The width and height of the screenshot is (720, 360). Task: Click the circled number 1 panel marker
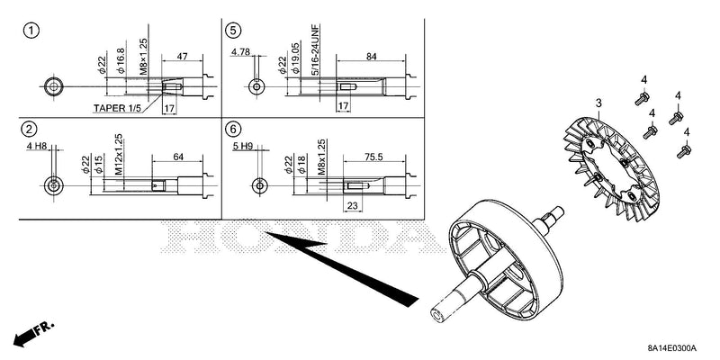pyautogui.click(x=31, y=31)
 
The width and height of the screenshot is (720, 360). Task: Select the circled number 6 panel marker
pyautogui.click(x=233, y=130)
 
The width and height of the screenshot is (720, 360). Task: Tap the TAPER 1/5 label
pyautogui.click(x=117, y=108)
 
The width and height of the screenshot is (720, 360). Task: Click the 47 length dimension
pyautogui.click(x=183, y=57)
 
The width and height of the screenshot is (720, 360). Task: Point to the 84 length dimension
pyautogui.click(x=372, y=57)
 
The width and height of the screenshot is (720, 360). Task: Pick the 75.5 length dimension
pyautogui.click(x=373, y=157)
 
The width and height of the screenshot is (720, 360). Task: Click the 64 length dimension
pyautogui.click(x=178, y=157)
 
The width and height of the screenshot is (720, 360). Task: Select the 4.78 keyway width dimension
pyautogui.click(x=240, y=52)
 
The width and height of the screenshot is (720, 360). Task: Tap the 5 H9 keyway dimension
pyautogui.click(x=243, y=147)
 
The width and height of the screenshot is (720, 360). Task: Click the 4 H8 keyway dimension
pyautogui.click(x=37, y=147)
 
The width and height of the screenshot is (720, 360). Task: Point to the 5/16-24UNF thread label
pyautogui.click(x=316, y=50)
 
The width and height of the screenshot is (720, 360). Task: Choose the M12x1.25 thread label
pyautogui.click(x=119, y=154)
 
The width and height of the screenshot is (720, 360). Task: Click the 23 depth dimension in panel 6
pyautogui.click(x=352, y=206)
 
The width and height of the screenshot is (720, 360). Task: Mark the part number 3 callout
pyautogui.click(x=598, y=103)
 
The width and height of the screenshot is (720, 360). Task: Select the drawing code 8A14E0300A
pyautogui.click(x=672, y=347)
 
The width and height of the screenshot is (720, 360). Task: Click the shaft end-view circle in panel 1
pyautogui.click(x=54, y=86)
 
